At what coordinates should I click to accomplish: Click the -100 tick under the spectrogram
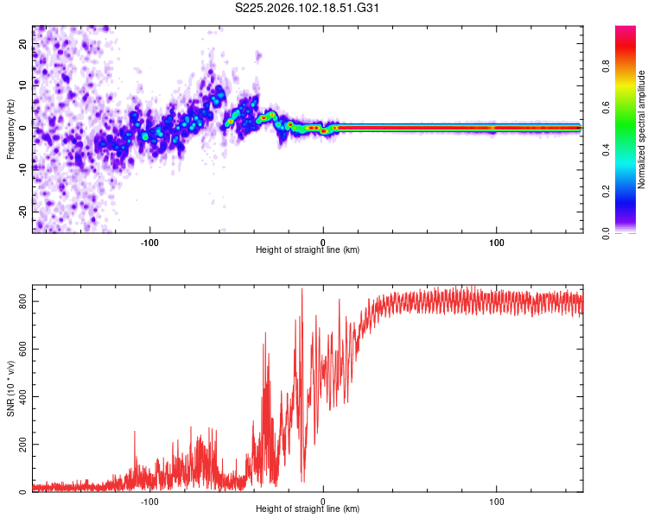[149, 242]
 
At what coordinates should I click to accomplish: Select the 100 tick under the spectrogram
[497, 242]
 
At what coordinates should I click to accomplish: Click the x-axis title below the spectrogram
[308, 250]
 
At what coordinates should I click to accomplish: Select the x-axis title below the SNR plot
[308, 509]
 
